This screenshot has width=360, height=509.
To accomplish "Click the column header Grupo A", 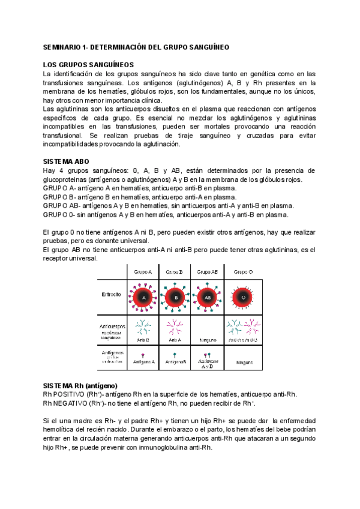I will (145, 271).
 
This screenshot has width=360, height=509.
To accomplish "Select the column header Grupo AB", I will (207, 271).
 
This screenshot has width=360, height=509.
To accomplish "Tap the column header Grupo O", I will (243, 271).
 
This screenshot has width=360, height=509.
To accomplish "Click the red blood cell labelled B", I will (175, 297).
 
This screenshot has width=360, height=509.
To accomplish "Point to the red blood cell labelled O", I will (244, 297).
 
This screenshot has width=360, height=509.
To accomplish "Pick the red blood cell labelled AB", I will (207, 297).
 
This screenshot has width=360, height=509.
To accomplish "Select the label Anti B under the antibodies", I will (143, 340).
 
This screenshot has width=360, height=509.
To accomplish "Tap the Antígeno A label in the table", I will (144, 362).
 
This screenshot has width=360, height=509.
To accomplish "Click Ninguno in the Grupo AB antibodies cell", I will (207, 340).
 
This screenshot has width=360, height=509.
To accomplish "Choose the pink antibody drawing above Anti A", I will (175, 328).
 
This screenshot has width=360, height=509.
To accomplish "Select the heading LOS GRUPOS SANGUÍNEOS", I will (89, 64).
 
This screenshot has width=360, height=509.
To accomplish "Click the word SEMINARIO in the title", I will (64, 47).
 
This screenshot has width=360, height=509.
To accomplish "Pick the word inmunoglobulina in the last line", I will (152, 447).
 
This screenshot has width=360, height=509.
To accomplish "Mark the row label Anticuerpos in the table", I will (112, 327).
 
